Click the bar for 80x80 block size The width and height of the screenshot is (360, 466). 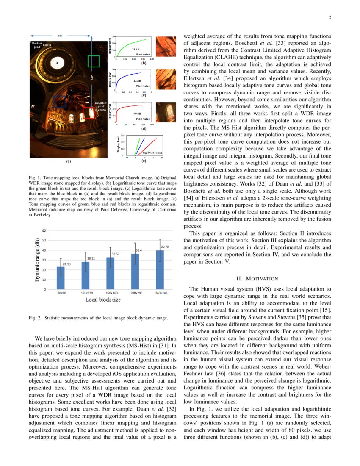point(61,278)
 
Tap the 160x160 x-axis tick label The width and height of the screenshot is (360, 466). point(110,293)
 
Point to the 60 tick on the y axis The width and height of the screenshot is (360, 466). point(44,230)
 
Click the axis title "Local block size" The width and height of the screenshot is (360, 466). point(103,300)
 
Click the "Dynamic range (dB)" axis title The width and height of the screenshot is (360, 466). point(38,260)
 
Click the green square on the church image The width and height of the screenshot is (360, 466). point(93,61)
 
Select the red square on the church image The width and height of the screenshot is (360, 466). point(89,112)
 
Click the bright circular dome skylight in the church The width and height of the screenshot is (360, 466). point(56,63)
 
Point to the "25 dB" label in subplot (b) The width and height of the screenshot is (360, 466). point(130,50)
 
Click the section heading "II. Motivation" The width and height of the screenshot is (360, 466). point(257,278)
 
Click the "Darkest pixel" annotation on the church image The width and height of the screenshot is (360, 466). point(37,44)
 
